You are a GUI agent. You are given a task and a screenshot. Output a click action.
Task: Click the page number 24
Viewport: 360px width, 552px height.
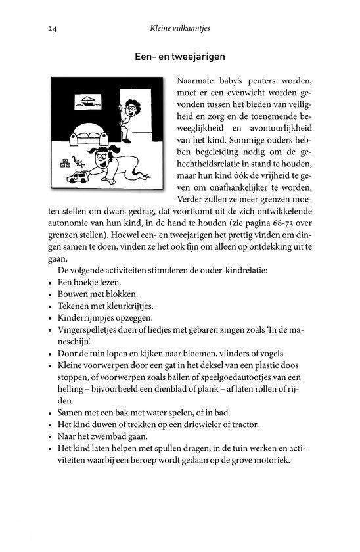[53, 29]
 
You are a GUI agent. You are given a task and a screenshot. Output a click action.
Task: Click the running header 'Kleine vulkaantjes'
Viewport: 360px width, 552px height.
[180, 29]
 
